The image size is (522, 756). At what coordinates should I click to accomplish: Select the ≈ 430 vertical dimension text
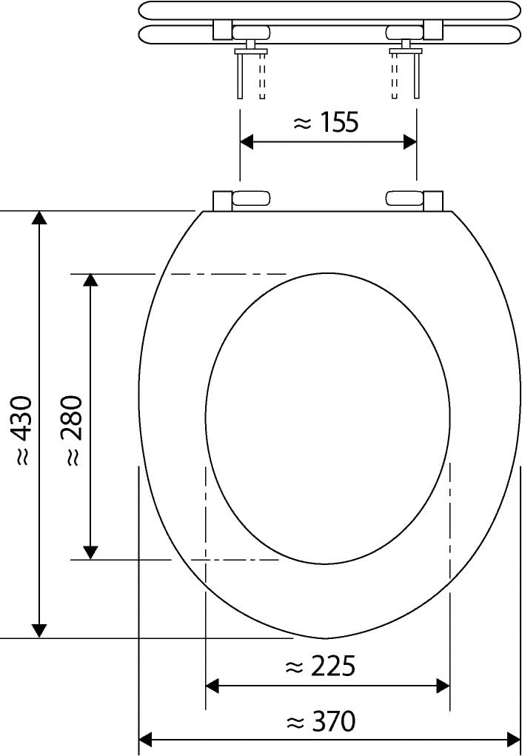pos(22,429)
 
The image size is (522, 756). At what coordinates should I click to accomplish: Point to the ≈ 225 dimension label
pos(320,666)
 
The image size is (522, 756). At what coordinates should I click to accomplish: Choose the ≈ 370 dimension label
pos(320,720)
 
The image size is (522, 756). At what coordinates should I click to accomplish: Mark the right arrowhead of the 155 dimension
pos(409,142)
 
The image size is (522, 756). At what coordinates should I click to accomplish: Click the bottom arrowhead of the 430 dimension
pos(39,630)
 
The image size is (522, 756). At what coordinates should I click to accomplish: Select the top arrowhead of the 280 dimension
pos(90,280)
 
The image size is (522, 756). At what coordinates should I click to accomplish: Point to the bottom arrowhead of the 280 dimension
pos(90,552)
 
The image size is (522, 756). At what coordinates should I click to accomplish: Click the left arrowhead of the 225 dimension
pos(212,686)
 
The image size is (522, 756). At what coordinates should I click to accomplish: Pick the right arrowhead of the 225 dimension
pos(443,686)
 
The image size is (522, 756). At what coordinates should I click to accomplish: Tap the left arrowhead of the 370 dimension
pos(146,739)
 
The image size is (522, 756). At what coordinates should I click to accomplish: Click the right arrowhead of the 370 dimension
pos(513,739)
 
